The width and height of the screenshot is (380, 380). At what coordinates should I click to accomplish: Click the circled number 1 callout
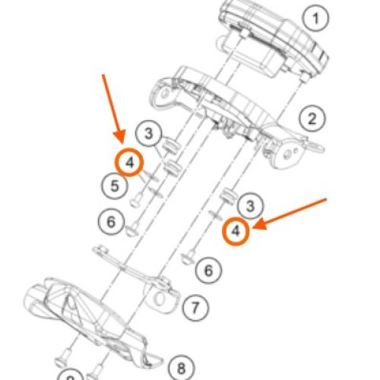click(x=315, y=18)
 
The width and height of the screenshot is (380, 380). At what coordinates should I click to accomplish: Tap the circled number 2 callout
click(x=312, y=119)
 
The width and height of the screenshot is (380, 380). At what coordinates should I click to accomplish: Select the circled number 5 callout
click(x=115, y=185)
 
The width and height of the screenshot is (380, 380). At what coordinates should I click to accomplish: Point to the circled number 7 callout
click(x=195, y=308)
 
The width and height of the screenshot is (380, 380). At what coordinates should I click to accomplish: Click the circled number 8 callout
click(x=182, y=368)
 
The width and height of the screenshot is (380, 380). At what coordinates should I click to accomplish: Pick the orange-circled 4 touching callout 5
click(x=129, y=162)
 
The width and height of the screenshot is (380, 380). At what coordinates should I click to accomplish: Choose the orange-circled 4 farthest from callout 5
click(x=236, y=231)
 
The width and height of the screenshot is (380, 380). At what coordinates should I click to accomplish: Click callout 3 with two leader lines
click(x=149, y=133)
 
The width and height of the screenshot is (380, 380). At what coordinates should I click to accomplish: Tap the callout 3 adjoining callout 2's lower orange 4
click(x=250, y=206)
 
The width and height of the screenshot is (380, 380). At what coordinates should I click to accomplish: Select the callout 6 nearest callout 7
click(x=209, y=271)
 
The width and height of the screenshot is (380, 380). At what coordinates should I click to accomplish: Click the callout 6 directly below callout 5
click(x=111, y=222)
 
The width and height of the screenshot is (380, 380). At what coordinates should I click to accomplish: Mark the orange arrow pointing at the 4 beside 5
click(x=113, y=109)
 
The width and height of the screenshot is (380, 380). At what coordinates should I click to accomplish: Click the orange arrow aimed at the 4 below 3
click(x=290, y=214)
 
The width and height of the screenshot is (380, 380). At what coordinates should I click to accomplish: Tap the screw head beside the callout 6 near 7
click(x=188, y=258)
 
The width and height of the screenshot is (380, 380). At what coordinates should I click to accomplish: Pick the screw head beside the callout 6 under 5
click(x=132, y=230)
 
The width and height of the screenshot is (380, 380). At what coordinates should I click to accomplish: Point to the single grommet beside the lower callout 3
click(x=227, y=196)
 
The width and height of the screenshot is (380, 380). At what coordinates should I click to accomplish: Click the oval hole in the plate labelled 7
click(x=160, y=299)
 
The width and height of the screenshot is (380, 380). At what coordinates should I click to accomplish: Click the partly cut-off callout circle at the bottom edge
click(x=71, y=376)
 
